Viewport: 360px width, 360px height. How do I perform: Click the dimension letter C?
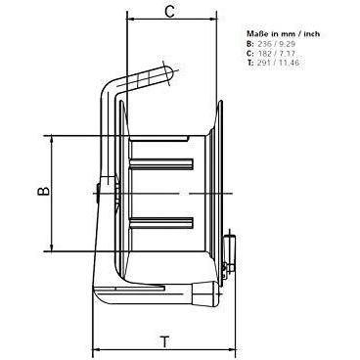pos(169,11)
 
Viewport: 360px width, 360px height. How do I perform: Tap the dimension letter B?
pos(43,191)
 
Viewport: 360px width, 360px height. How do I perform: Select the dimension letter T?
pos(165,342)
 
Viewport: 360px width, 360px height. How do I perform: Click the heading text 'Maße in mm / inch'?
pos(284,33)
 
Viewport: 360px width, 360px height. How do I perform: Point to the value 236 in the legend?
pos(264,44)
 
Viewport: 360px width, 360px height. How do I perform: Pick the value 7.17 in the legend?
pos(286,54)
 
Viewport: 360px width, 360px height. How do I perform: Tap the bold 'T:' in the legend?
pos(250,63)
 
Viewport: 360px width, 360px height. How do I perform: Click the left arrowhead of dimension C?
pos(130,19)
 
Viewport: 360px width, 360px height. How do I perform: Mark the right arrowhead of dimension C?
pos(213,19)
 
